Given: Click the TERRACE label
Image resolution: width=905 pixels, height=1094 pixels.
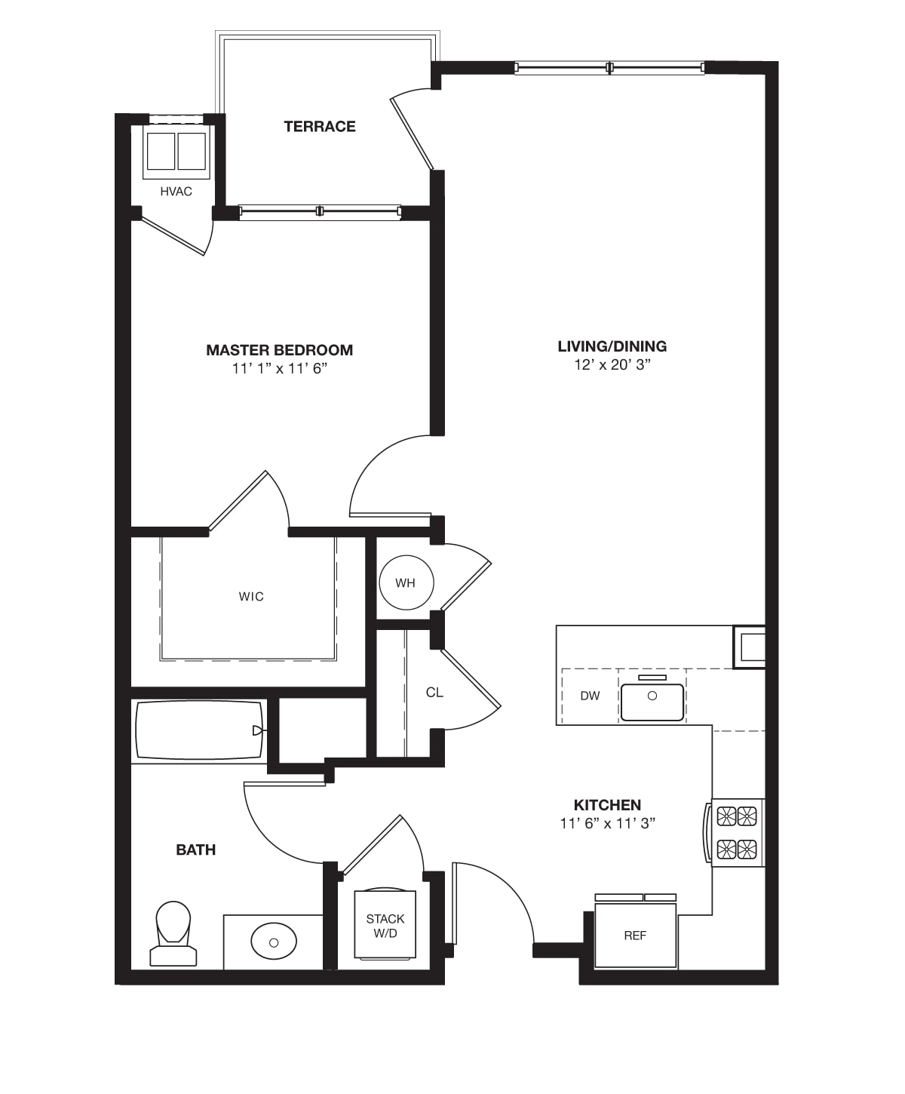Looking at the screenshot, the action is [320, 126].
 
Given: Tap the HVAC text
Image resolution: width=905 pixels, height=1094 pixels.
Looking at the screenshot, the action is [176, 192].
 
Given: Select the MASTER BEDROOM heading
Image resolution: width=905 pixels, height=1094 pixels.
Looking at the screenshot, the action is [279, 350].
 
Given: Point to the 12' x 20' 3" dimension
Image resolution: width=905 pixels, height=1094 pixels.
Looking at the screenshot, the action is [612, 364].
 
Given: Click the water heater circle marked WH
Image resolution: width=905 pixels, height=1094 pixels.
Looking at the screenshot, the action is [406, 582].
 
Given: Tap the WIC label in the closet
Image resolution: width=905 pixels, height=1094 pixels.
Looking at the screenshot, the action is [251, 597].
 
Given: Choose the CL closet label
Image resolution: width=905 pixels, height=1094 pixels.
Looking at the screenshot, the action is [434, 693].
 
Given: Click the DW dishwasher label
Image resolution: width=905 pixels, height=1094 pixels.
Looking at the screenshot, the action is [590, 696].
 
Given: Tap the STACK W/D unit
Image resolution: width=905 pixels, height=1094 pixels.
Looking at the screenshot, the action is [385, 925].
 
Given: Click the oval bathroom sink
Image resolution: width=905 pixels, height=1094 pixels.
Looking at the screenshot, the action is [273, 942].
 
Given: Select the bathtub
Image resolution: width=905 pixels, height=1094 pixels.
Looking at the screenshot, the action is [199, 730].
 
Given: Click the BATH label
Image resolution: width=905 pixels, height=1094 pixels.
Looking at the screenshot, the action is [196, 850].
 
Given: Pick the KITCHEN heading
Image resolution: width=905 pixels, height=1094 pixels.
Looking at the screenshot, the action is [608, 805].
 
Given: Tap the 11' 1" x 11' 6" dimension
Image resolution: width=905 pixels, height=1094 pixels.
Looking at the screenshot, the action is [279, 369].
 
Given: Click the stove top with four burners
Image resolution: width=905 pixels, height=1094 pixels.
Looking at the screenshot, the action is [736, 833].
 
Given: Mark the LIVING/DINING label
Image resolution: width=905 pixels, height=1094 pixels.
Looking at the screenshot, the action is [612, 346].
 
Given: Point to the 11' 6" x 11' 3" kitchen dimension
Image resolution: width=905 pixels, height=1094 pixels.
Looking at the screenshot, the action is [608, 824].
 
